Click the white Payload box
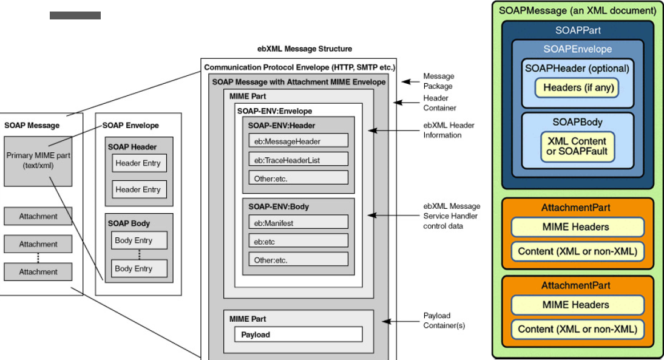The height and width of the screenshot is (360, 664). [x=298, y=334]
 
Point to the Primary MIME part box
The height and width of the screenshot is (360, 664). [x=38, y=160]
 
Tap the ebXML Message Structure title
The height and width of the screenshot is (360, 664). [x=305, y=49]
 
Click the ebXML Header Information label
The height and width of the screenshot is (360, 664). [x=449, y=130]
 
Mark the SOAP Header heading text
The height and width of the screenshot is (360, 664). [x=132, y=147]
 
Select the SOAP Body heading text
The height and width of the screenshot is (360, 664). [x=129, y=223]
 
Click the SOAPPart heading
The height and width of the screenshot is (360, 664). [x=577, y=30]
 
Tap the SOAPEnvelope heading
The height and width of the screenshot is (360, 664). [x=577, y=49]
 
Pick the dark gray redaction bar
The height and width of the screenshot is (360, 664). [x=75, y=15]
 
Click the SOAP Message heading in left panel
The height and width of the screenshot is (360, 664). [x=32, y=126]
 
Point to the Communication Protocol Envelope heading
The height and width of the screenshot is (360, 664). [x=300, y=67]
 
